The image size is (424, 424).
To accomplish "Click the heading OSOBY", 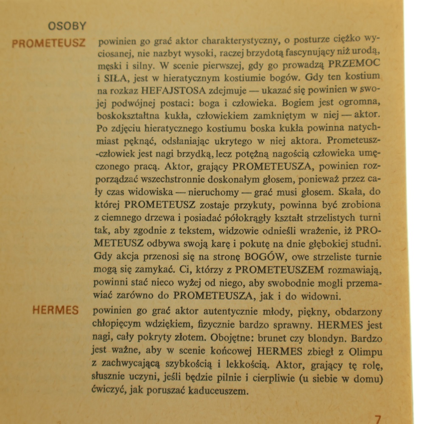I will point(67,26).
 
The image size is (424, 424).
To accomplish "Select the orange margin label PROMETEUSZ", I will point(49,43).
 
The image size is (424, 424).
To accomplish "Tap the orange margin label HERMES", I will point(56,310).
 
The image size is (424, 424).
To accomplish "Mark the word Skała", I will point(360,191).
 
